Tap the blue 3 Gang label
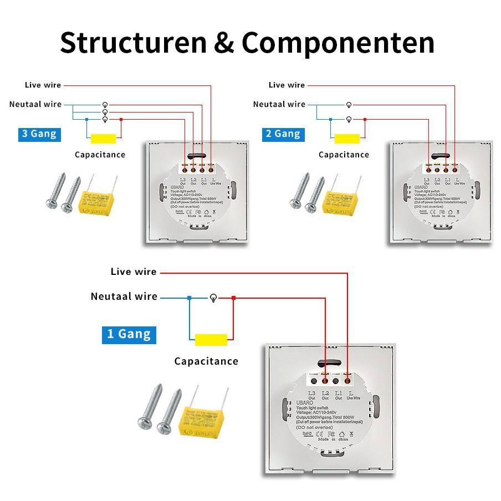click(38, 134)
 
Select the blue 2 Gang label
click(283, 134)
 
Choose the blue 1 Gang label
click(129, 334)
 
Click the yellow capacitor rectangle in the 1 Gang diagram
click(211, 339)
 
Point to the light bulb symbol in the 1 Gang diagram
click(212, 298)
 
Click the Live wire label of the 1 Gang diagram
click(134, 272)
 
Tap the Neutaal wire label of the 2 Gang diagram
click(279, 104)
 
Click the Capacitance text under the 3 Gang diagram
click(100, 155)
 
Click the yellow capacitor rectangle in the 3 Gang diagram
click(103, 138)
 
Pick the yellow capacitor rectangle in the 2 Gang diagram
click(347, 138)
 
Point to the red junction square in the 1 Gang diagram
click(233, 298)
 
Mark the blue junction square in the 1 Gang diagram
click(189, 298)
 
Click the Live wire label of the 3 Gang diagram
click(43, 85)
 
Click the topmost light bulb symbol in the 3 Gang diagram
click(105, 105)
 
